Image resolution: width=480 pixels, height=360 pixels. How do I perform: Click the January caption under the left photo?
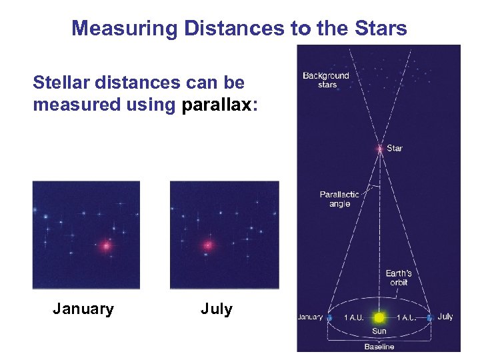point(83,309)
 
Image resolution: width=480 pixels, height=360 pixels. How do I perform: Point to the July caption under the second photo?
point(217,309)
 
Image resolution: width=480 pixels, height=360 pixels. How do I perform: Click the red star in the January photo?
point(106,246)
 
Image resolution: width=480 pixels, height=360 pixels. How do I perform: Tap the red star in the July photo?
point(208,245)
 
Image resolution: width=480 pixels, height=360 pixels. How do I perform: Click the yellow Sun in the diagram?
point(379,318)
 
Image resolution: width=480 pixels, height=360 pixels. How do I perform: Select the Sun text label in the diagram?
point(379,331)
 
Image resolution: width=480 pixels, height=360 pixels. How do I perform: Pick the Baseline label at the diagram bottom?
point(379,347)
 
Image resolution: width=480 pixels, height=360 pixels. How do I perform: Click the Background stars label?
point(325,80)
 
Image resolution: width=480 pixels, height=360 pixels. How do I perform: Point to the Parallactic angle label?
point(339,199)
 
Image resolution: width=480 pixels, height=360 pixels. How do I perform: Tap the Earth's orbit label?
point(398,277)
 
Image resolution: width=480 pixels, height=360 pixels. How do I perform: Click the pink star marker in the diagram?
point(379,148)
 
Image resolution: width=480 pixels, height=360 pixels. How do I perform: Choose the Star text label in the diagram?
point(395,148)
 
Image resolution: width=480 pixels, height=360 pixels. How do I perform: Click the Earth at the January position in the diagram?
point(329,318)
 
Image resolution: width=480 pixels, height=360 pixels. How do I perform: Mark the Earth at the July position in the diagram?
point(430,317)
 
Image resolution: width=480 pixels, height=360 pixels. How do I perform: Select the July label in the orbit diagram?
point(445,317)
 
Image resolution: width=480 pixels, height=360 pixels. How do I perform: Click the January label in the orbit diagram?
point(311,317)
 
